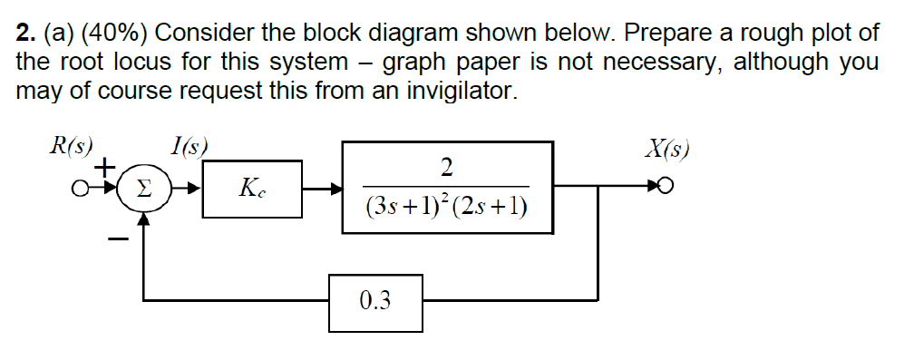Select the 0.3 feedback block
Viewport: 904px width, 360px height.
pos(375,300)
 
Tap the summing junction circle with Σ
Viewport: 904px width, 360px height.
pos(142,190)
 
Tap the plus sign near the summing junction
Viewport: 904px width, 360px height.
pos(105,169)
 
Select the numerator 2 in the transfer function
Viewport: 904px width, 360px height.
pos(446,167)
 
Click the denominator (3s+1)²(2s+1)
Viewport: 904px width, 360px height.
pos(447,209)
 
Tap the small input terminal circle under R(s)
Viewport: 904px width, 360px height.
pos(81,190)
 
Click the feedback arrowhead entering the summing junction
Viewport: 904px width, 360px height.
pos(142,218)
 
